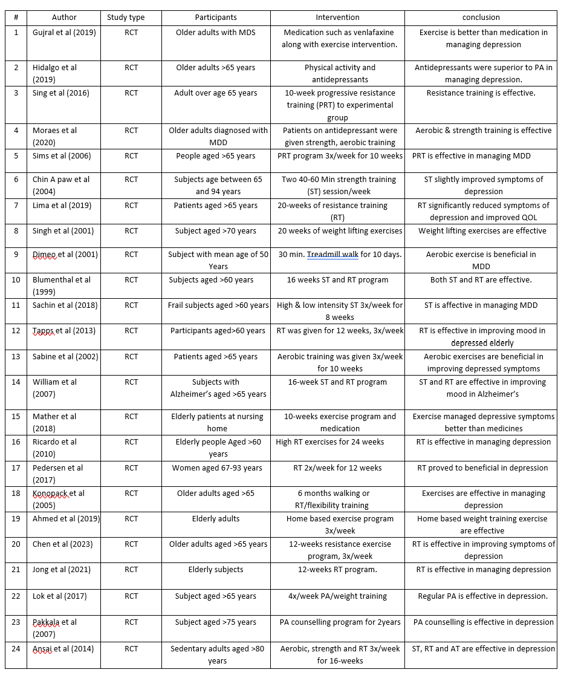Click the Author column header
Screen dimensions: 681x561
pos(64,18)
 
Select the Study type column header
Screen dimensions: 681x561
pos(126,18)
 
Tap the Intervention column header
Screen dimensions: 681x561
pos(337,18)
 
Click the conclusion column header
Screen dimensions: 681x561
pos(481,18)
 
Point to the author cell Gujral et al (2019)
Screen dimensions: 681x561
pos(64,33)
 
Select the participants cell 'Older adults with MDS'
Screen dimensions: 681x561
pos(216,33)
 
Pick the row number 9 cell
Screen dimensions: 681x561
pos(16,255)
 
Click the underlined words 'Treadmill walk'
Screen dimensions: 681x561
pos(332,255)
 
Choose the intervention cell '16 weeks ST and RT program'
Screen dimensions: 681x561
pos(337,280)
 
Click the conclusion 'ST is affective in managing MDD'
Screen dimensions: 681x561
pos(481,305)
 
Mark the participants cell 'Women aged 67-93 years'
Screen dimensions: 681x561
pos(216,468)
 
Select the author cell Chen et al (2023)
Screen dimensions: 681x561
pos(63,544)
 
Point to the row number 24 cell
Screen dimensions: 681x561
pos(16,649)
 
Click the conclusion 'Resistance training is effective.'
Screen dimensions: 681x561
pos(481,93)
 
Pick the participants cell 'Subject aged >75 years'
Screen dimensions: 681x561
pos(216,622)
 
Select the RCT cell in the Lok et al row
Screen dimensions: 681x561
pos(131,596)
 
